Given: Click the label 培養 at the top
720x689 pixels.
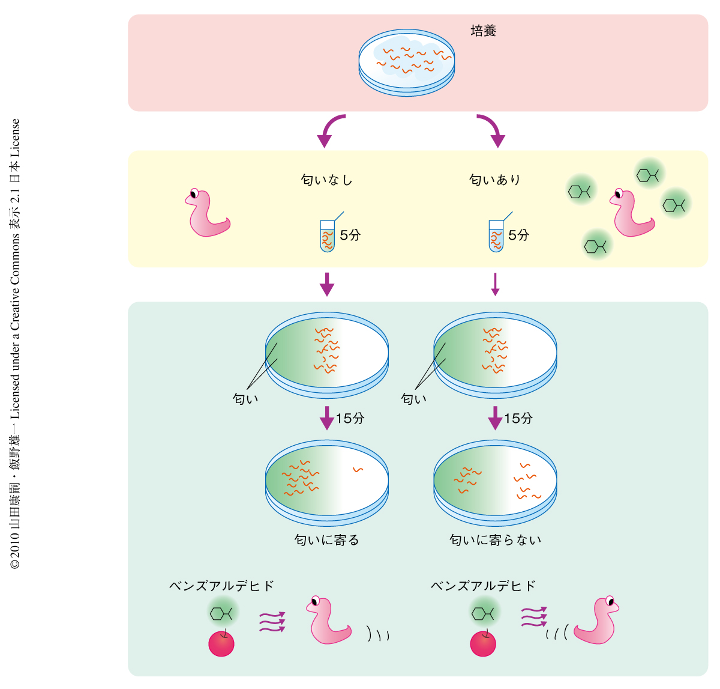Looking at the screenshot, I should point(483,31).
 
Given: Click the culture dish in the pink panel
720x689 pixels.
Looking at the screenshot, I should point(407,61).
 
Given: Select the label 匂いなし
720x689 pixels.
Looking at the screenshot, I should point(326,180).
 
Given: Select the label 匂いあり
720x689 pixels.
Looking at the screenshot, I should point(495,180).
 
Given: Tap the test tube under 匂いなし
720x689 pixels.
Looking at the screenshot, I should point(327,235).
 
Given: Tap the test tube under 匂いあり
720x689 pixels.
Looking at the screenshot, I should point(496,235).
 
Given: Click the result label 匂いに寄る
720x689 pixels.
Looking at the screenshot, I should point(326,540).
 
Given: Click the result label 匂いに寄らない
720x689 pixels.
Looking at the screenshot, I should point(495,540).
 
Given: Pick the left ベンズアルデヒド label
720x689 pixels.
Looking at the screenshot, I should point(221,586).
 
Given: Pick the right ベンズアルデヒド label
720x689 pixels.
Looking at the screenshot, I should point(483,586).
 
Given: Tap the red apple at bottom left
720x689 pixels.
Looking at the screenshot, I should point(221,644).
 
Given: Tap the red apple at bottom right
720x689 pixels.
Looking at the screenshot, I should point(483,644).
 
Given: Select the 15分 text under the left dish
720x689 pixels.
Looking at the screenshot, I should point(350,418).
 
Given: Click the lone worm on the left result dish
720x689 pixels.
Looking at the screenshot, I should point(358,470).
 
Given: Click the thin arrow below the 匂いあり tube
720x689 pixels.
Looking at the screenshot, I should point(495,284).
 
